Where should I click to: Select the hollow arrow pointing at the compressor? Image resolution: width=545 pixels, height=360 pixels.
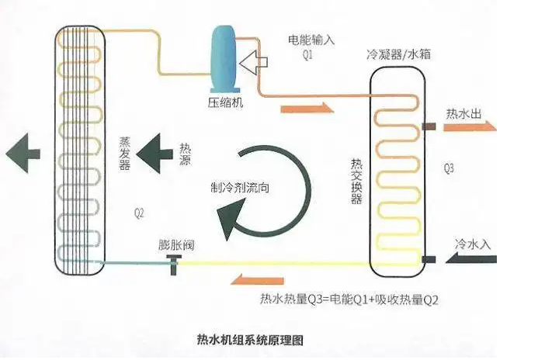tap(253, 60)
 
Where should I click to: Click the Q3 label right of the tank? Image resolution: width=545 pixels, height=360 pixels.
tap(449, 168)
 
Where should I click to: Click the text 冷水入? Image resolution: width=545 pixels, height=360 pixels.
tap(473, 243)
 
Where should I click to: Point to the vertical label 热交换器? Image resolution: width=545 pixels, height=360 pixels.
tap(356, 182)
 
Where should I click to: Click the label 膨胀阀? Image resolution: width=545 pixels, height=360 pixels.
tap(176, 245)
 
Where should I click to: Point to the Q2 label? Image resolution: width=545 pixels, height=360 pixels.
tap(140, 212)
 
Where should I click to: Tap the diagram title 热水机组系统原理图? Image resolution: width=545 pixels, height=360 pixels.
tap(249, 340)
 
